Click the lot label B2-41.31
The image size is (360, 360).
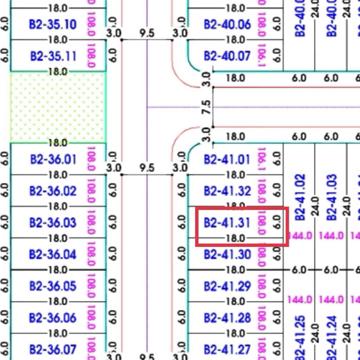(227, 223)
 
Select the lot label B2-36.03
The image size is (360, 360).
(53, 223)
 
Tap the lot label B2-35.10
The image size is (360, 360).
(53, 24)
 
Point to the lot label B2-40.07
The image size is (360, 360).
(227, 56)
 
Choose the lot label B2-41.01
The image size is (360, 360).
(227, 160)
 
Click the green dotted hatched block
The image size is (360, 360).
(58, 107)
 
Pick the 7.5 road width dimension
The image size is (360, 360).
(207, 108)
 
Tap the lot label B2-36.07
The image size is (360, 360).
(53, 349)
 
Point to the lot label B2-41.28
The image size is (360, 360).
(227, 318)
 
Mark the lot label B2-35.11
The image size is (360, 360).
(53, 56)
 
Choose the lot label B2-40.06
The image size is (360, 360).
(227, 24)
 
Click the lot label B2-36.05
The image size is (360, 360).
(53, 286)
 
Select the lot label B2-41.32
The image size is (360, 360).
(227, 191)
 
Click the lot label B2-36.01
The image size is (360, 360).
(53, 160)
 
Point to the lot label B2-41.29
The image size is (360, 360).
(227, 286)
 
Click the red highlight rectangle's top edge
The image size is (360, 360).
(242, 208)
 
